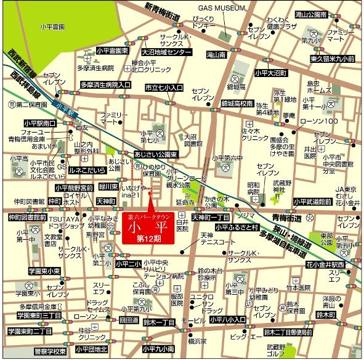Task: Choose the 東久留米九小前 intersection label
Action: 332,59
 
